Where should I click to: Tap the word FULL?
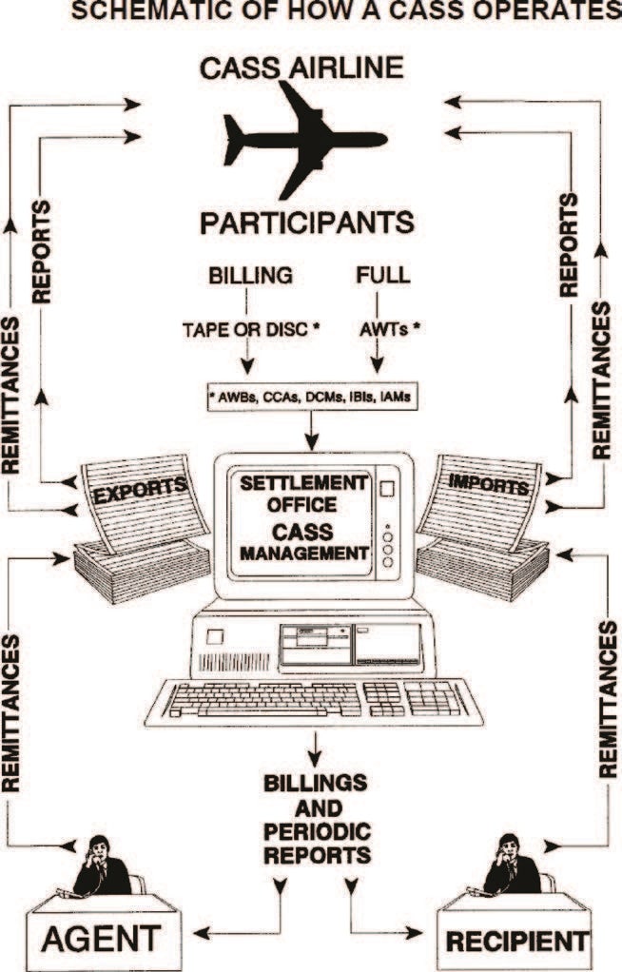pos(383,277)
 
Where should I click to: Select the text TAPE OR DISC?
pos(247,330)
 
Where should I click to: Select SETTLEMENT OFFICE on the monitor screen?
pos(302,492)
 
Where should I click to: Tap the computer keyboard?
pos(314,700)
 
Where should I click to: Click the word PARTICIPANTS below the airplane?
pos(307,223)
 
